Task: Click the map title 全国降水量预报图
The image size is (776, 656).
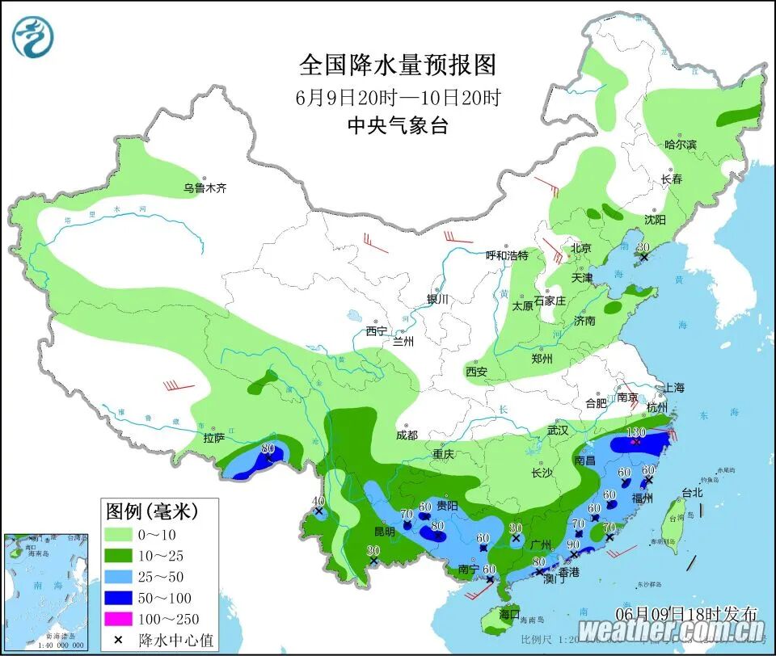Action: [x=398, y=64]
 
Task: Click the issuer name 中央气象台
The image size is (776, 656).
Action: [x=398, y=125]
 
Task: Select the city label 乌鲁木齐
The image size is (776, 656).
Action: [x=205, y=188]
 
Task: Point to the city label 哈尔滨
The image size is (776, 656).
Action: [x=680, y=145]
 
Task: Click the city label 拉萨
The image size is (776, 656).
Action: [x=214, y=438]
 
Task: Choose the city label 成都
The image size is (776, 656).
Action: [x=407, y=435]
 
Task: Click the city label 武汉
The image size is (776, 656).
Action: [x=558, y=430]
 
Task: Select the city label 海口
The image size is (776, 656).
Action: [x=508, y=613]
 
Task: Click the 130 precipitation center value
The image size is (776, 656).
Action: [x=637, y=432]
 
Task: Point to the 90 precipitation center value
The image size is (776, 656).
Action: [x=572, y=544]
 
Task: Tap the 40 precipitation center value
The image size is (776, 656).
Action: [x=318, y=501]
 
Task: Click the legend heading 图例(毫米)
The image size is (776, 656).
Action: [x=152, y=511]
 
